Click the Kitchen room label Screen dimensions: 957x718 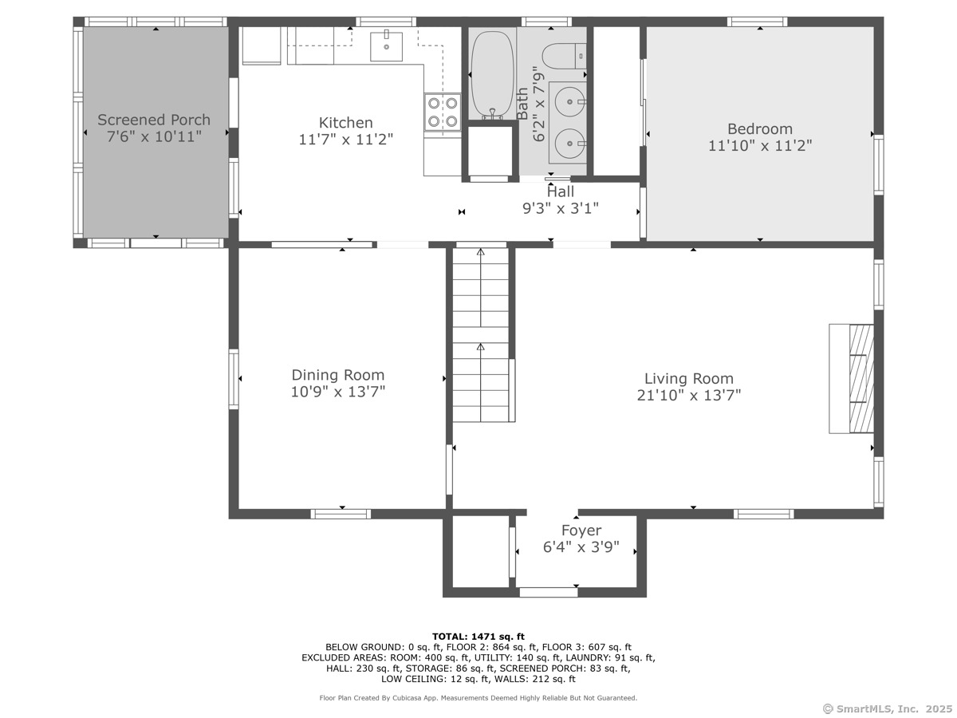tap(345, 123)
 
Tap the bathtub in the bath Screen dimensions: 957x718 tap(492, 74)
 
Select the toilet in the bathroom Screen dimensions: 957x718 tap(564, 56)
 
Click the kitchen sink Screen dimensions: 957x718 tap(386, 46)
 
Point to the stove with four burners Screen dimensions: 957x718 tap(443, 112)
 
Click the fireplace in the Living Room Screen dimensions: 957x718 tap(851, 378)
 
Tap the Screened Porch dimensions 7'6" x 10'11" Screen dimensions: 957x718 tap(154, 136)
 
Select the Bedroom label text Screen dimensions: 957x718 tap(759, 129)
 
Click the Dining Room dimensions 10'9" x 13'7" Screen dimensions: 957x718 tap(338, 392)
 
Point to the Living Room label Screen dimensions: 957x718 tap(689, 378)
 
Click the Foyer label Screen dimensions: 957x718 tap(581, 530)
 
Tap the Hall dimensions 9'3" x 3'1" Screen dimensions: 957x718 tap(561, 208)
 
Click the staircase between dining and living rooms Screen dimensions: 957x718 tap(481, 335)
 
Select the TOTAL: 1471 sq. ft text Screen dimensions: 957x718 tap(478, 637)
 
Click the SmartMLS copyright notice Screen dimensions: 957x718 tap(888, 709)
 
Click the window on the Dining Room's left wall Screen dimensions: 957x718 tap(234, 379)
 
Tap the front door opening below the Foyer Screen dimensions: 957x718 tap(549, 592)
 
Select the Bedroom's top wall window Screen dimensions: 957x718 tap(757, 22)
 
